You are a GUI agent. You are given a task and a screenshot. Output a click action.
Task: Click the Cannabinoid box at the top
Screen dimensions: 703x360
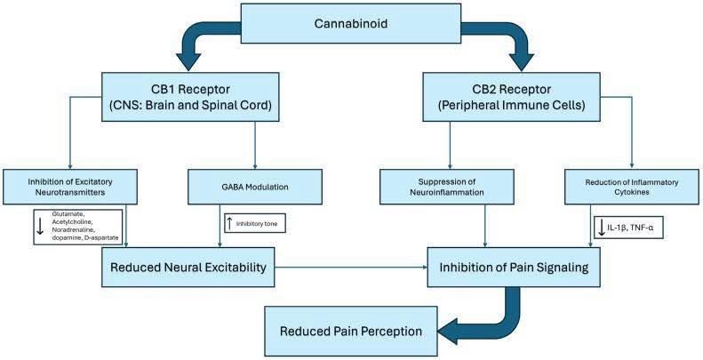(350, 23)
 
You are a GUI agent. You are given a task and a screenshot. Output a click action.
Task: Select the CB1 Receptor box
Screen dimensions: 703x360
(190, 97)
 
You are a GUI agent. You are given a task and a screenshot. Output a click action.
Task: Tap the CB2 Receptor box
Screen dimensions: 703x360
(511, 97)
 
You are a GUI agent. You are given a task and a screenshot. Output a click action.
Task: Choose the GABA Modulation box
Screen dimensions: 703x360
(255, 187)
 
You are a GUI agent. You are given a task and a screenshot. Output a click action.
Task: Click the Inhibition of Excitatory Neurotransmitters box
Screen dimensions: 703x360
(70, 187)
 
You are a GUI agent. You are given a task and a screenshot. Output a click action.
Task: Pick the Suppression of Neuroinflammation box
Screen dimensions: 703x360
(446, 187)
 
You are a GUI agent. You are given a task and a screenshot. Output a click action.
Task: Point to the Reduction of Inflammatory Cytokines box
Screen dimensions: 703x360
(632, 187)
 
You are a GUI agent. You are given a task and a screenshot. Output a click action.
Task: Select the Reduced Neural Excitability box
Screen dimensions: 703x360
(188, 268)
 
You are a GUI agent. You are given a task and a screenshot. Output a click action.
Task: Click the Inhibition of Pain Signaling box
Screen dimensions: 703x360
(514, 268)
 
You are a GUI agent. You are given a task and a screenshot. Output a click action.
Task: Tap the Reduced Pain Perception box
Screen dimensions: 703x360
(350, 332)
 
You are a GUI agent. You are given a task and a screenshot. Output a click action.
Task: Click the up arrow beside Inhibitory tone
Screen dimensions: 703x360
(230, 223)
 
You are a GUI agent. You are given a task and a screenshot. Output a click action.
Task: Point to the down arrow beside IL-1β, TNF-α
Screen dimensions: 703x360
(601, 228)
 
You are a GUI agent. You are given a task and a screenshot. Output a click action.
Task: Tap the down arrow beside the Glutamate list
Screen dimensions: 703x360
(40, 227)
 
